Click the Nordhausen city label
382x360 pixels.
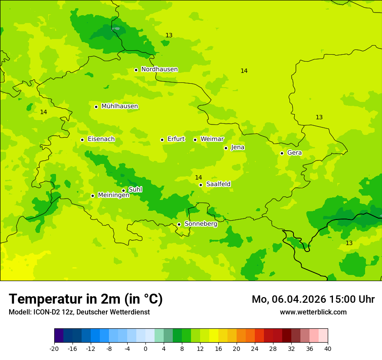coord(159,69)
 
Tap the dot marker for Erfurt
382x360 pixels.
coord(162,140)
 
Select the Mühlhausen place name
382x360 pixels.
coord(119,106)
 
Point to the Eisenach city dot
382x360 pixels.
coord(82,140)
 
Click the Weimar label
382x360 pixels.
coord(212,139)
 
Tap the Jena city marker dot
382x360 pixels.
coord(226,148)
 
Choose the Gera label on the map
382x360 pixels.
coord(294,153)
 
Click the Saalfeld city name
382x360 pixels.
coord(218,184)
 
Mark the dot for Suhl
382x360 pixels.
coord(123,190)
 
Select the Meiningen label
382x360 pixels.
coord(113,195)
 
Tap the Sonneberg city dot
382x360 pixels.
coord(179,224)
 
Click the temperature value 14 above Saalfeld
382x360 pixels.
coord(198,177)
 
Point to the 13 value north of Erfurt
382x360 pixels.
coord(169,35)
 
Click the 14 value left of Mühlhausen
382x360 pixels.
coord(43,112)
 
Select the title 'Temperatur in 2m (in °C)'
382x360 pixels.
coord(86,299)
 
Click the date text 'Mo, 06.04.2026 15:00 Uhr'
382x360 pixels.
coord(313,299)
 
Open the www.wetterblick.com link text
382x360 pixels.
coord(313,312)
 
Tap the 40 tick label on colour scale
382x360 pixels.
coord(327,348)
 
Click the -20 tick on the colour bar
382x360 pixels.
coord(54,348)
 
